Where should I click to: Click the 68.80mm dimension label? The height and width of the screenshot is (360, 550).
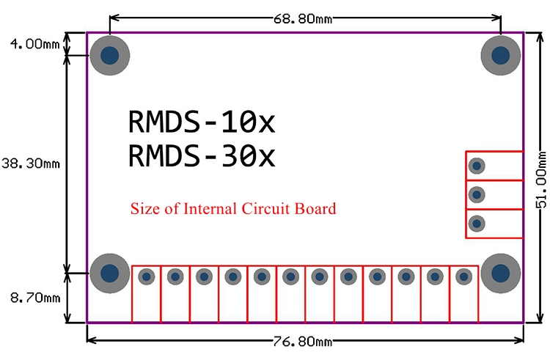pos(303,18)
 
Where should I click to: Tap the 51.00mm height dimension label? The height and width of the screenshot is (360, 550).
pos(542,180)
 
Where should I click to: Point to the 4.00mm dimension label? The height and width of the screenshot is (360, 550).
pos(34,44)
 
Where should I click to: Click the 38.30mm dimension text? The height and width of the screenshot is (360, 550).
pos(31,164)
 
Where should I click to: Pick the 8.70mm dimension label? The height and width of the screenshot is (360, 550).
pos(35,298)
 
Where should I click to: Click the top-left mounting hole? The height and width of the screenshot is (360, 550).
pos(110,55)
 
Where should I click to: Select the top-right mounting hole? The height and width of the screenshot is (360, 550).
pos(501,55)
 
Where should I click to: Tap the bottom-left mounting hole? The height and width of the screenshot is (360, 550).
pos(110,273)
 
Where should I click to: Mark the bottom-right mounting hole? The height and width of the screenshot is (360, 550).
pos(501,273)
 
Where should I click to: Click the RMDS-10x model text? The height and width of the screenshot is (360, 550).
pos(202,122)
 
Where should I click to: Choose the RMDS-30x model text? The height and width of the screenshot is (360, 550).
pos(202,155)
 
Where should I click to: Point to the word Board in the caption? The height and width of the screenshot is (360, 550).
pos(315,208)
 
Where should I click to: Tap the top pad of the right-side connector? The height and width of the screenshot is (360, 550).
pos(477,166)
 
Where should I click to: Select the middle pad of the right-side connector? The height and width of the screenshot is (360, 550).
pos(477,194)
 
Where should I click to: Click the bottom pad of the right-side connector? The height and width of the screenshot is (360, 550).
pos(477,224)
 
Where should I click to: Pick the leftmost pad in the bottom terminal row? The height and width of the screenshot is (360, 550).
pos(146,277)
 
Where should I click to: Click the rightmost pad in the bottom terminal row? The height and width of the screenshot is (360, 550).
pos(463,277)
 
